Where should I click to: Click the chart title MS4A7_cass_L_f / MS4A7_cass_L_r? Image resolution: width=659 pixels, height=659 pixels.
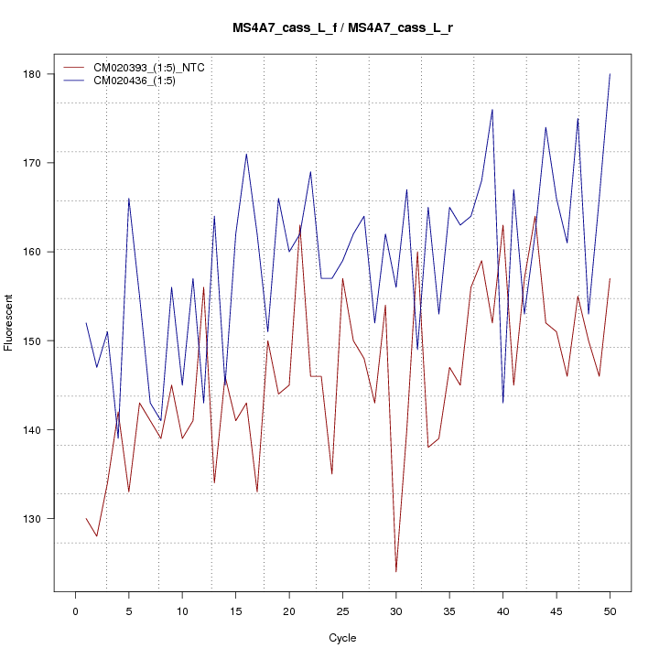(x=341, y=28)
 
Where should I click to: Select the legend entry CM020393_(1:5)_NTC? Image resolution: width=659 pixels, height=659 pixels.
(x=157, y=68)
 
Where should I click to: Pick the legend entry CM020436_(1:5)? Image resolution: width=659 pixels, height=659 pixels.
(x=141, y=81)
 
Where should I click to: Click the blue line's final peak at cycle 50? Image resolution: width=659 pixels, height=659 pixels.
(x=610, y=74)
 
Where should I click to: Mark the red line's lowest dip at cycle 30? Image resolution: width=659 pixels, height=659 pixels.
(x=395, y=572)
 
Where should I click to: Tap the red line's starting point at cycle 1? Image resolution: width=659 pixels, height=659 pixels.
(x=86, y=519)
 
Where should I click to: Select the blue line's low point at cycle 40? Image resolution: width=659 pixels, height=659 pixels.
(x=502, y=403)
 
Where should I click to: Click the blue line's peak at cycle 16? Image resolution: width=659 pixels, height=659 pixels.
(x=246, y=154)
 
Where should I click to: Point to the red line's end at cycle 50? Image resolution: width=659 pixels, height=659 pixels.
(x=610, y=278)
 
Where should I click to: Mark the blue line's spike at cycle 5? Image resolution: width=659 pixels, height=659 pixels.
(x=128, y=199)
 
